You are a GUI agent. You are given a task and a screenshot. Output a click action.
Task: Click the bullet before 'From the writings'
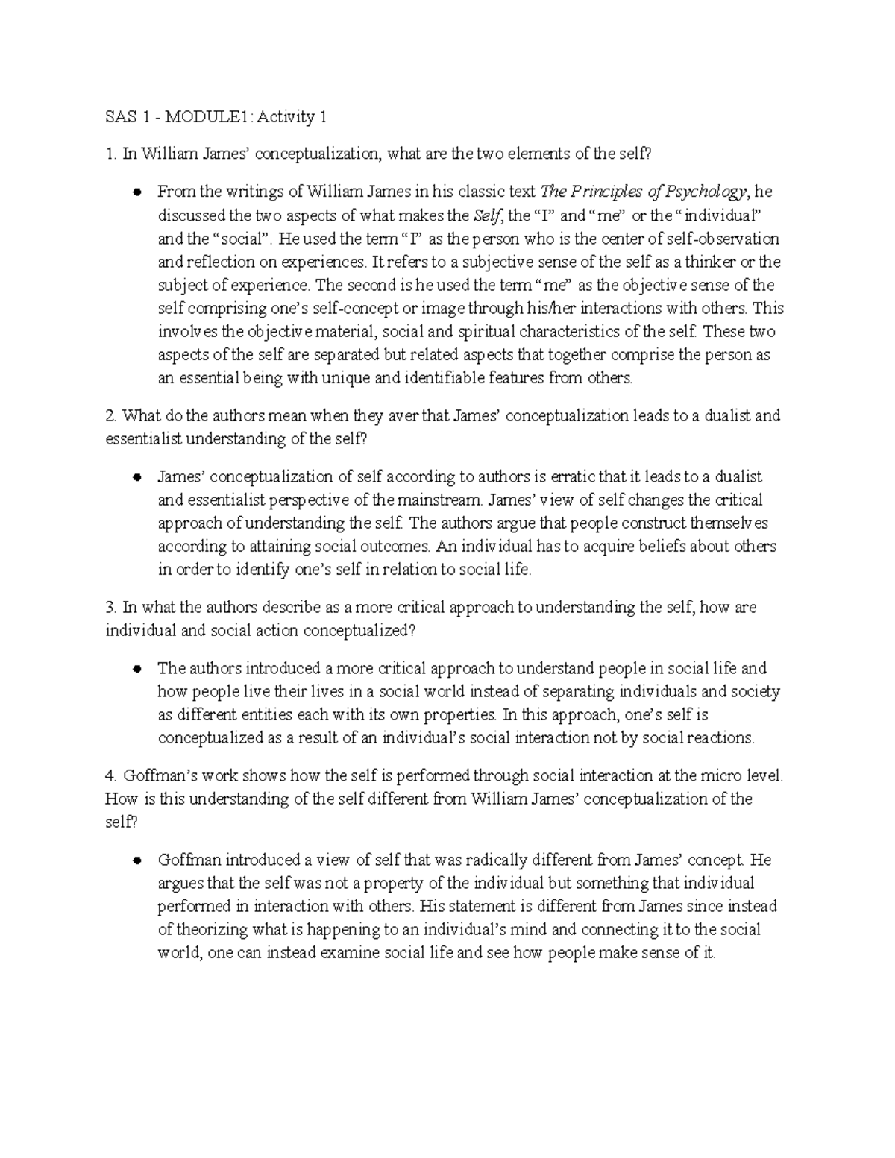[x=136, y=192]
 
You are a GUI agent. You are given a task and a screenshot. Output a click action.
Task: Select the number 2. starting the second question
[x=112, y=416]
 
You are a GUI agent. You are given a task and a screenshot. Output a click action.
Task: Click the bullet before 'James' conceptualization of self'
[x=136, y=477]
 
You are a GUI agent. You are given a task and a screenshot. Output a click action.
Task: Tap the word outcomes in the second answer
[x=397, y=547]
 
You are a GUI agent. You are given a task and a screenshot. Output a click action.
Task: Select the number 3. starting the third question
[x=112, y=608]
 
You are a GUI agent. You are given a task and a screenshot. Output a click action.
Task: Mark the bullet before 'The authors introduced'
[x=136, y=669]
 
